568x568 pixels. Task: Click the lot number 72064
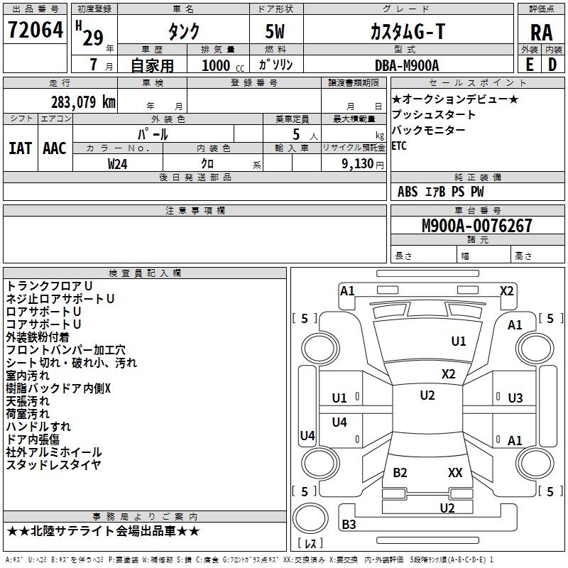click(x=35, y=30)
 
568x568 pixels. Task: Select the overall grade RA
click(x=542, y=33)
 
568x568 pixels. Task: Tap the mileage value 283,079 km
click(x=83, y=102)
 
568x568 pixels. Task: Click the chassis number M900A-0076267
click(x=477, y=226)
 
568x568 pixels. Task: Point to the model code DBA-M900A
click(x=407, y=65)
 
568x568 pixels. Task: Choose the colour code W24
click(x=117, y=164)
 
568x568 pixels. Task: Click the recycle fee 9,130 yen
click(x=363, y=164)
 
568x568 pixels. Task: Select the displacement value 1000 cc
click(x=223, y=65)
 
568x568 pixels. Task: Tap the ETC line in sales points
click(x=399, y=146)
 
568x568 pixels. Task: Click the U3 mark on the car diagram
click(x=515, y=398)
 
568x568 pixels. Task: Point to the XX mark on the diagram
click(x=455, y=472)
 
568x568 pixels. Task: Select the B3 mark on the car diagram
click(x=349, y=524)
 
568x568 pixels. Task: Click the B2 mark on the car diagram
click(x=400, y=472)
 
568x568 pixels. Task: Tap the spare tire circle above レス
click(x=310, y=518)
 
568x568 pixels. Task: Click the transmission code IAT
click(x=21, y=148)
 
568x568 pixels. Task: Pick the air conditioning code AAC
click(x=55, y=148)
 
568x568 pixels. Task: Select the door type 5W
click(x=275, y=31)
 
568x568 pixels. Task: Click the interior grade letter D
click(x=552, y=65)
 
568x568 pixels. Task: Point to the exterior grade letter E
click(x=530, y=65)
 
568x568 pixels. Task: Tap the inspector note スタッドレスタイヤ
click(x=53, y=464)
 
